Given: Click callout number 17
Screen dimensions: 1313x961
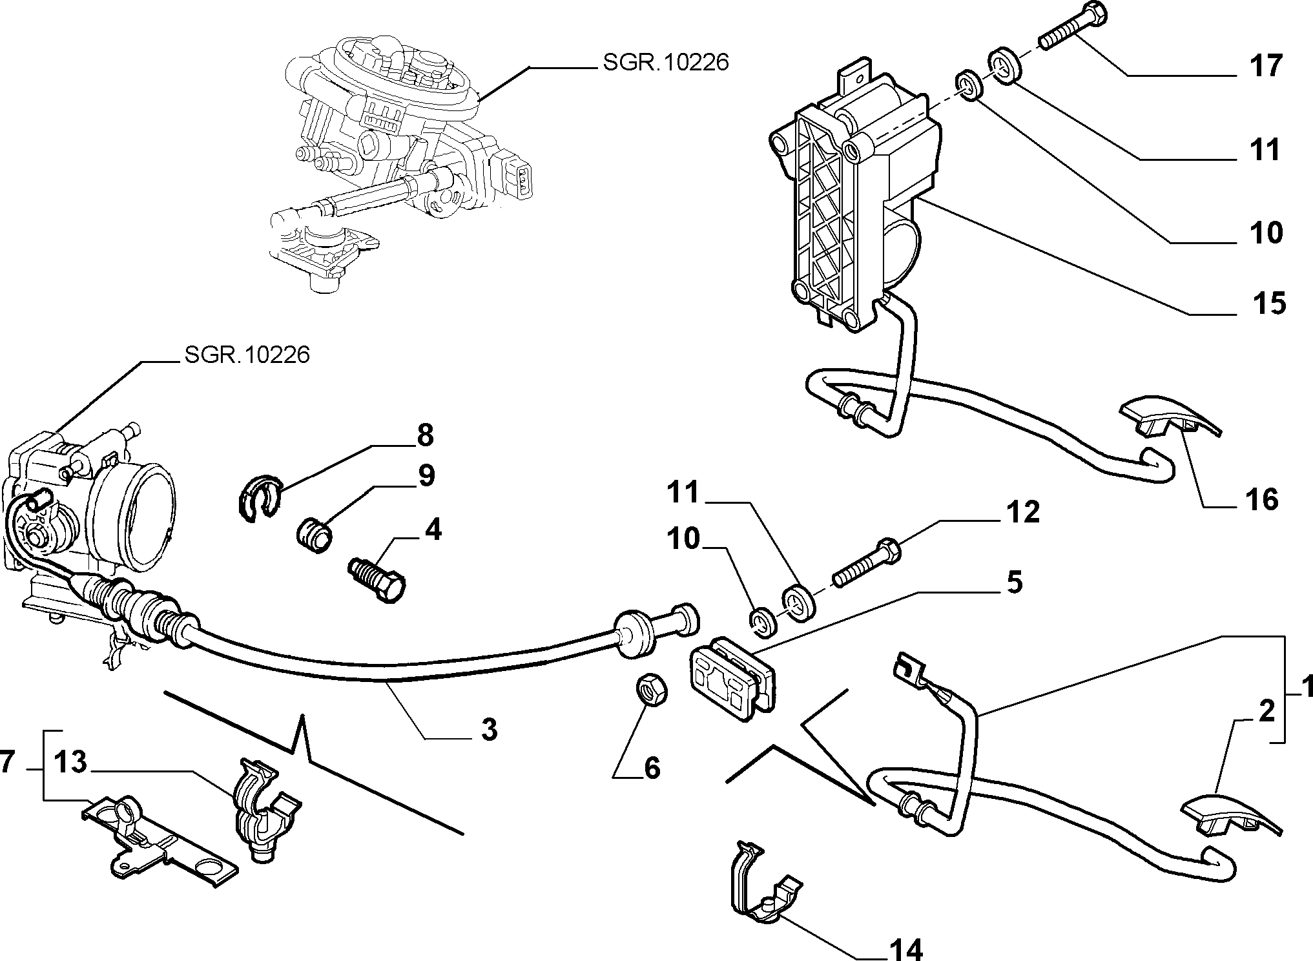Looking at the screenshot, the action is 1265,66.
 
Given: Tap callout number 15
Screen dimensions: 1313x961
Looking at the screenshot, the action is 1269,303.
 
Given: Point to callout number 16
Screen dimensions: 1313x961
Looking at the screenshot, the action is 1261,500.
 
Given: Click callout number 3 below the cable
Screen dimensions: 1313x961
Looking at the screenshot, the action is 490,730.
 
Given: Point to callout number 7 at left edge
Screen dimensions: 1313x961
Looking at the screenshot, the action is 7,762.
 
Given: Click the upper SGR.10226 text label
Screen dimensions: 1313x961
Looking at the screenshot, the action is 665,62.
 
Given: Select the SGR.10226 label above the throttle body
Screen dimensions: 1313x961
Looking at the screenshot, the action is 247,355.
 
